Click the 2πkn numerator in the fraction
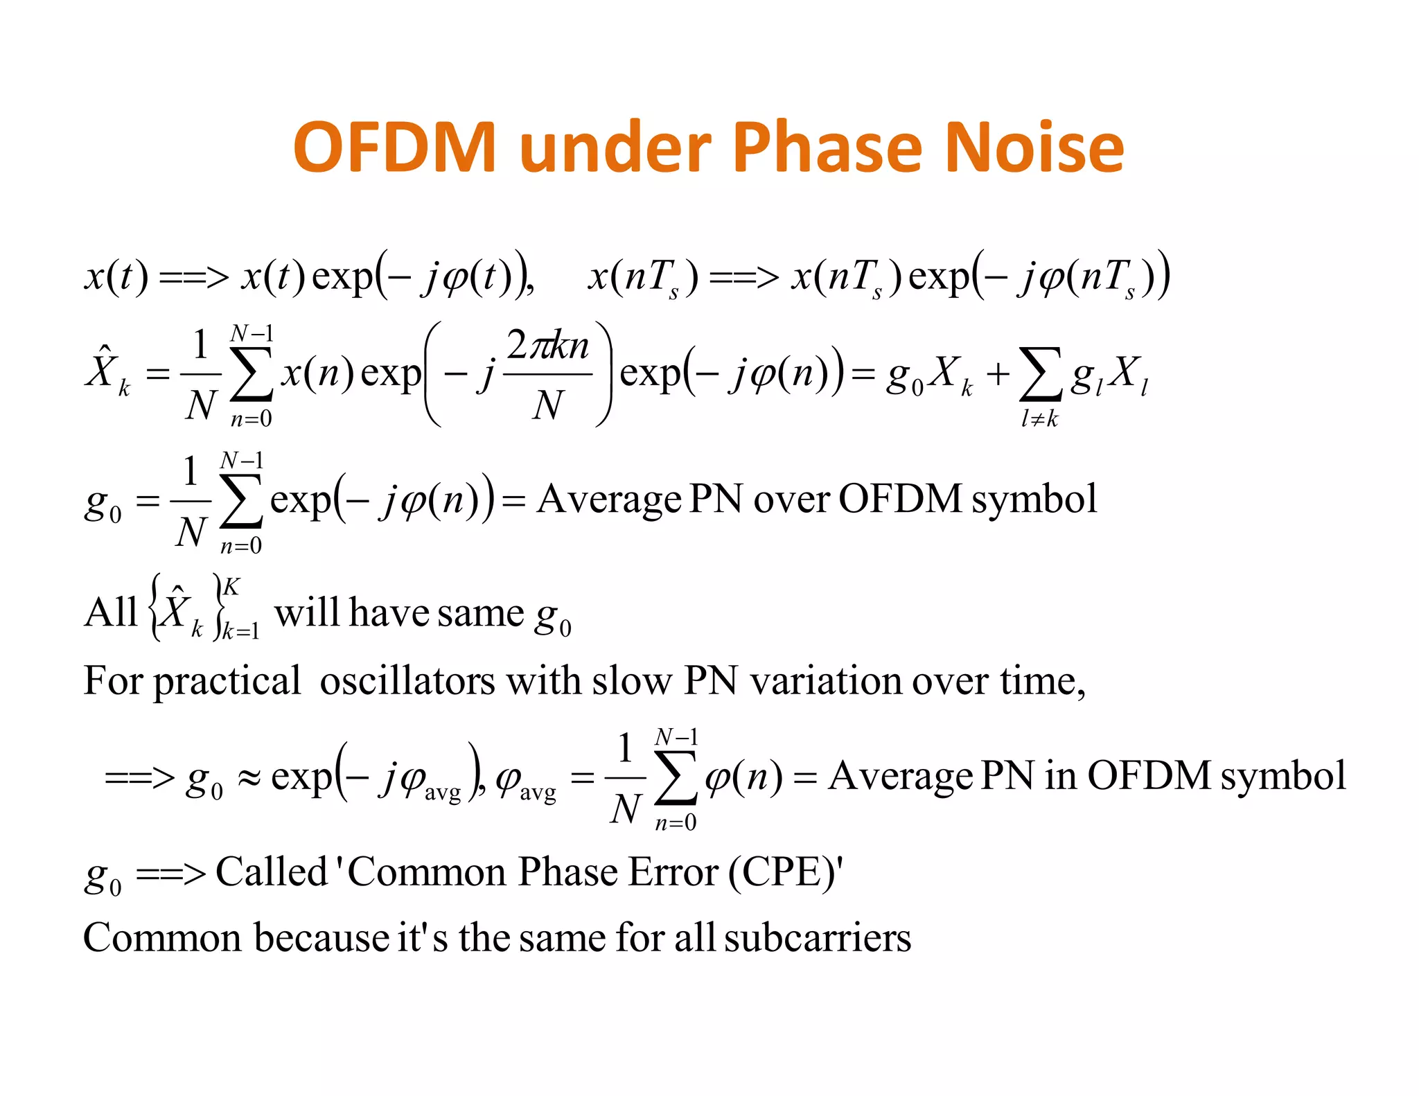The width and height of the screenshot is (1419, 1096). tap(547, 346)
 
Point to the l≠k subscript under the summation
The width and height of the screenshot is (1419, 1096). tap(1039, 419)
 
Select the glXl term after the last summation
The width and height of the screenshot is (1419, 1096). tap(1109, 375)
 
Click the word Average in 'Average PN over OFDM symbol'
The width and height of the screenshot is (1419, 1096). tap(609, 500)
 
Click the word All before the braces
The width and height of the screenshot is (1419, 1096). tap(111, 612)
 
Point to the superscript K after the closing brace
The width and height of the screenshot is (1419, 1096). tap(231, 587)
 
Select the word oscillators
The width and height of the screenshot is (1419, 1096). tap(407, 681)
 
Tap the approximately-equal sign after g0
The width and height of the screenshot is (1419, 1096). tap(249, 777)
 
